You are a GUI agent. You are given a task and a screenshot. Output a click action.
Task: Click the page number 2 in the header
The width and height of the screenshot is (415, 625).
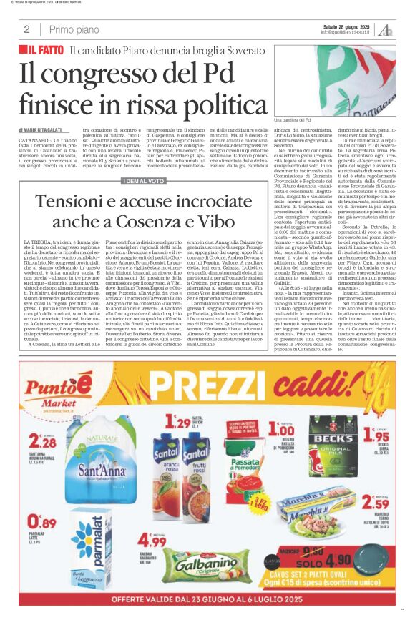click(x=26, y=29)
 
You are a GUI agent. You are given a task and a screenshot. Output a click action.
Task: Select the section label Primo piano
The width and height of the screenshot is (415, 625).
click(x=73, y=29)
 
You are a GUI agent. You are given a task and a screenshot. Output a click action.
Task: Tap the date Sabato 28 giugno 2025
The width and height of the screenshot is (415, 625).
click(x=347, y=25)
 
